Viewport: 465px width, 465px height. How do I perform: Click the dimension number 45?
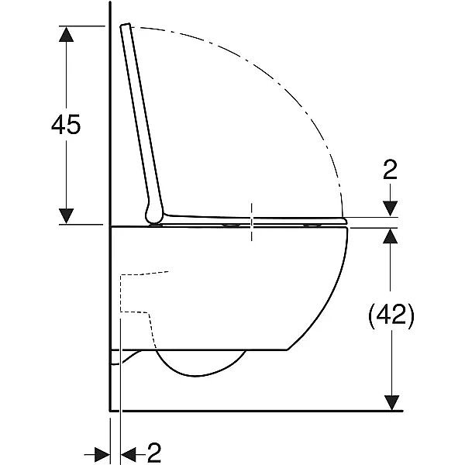pos(66,125)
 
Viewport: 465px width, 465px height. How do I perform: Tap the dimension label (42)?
pos(391,315)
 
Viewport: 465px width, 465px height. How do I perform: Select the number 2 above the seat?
pos(390,170)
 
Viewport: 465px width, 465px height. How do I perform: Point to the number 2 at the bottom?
pos(154,453)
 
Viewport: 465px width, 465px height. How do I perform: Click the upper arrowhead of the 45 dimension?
pos(66,34)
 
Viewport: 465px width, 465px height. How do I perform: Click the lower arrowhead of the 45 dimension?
pos(66,216)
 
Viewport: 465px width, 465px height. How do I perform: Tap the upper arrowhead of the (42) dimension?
pos(390,236)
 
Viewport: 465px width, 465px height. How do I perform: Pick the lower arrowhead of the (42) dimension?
pos(391,403)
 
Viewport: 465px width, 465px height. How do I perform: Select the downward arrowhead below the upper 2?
pos(390,208)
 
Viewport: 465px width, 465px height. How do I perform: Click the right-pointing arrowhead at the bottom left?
pos(102,454)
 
